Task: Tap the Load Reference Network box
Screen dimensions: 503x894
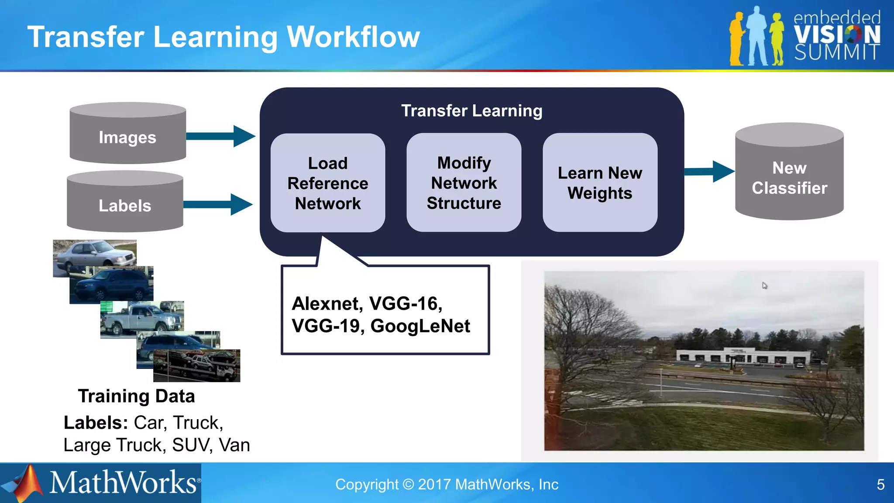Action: (328, 183)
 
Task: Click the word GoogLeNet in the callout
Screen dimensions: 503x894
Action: (420, 326)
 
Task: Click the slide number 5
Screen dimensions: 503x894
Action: (880, 484)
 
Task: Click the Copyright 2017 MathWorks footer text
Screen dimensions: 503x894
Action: (447, 484)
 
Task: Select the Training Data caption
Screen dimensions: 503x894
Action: (136, 396)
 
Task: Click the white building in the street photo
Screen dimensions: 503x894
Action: (742, 356)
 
